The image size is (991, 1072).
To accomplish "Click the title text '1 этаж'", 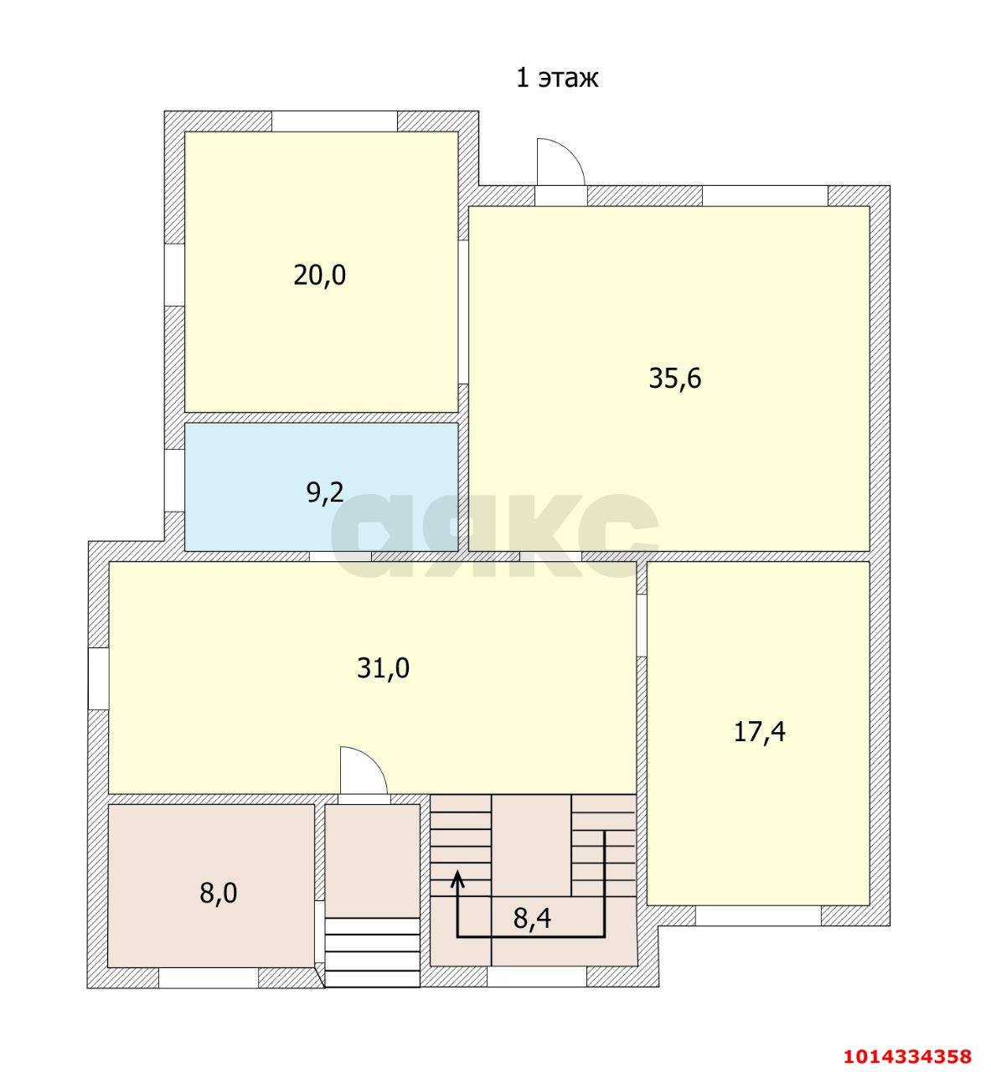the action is (557, 78).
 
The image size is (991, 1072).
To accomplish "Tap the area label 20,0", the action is (319, 276).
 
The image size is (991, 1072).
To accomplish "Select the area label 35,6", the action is (674, 379).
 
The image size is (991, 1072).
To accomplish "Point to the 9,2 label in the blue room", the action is (324, 492).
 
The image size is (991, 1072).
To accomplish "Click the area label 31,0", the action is (383, 669).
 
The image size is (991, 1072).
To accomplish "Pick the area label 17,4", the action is (759, 733).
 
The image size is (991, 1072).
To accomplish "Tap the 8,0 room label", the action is (218, 894).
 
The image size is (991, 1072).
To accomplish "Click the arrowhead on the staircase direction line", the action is (457, 879).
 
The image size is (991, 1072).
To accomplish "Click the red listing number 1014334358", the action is (907, 1055).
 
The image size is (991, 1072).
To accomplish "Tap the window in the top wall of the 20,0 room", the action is (334, 121).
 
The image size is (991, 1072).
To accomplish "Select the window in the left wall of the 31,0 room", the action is (98, 679).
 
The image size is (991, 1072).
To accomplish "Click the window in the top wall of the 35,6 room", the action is (766, 196).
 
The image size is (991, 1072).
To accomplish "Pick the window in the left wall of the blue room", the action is (174, 481).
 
